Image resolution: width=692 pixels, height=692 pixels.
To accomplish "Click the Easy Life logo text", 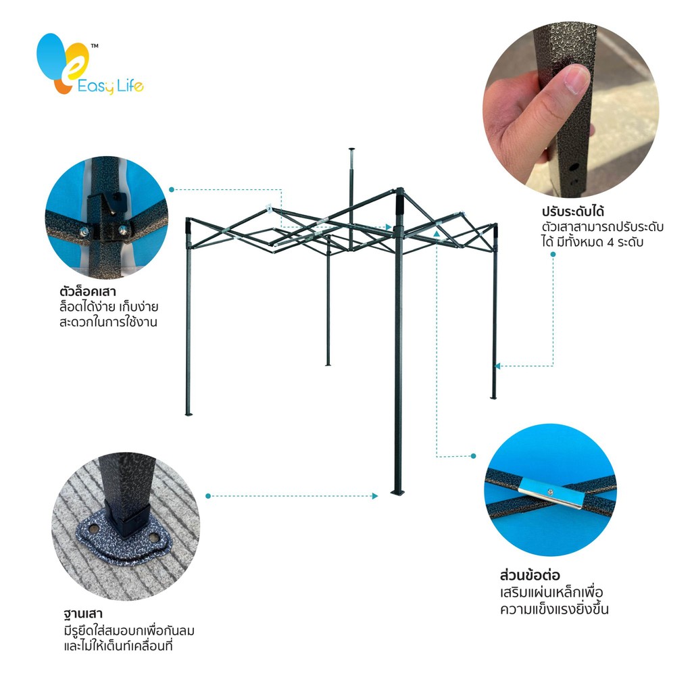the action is tap(110, 86).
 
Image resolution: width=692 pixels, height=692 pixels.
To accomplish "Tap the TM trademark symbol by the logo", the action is tap(95, 45).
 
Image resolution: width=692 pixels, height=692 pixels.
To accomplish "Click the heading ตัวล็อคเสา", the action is tap(87, 291).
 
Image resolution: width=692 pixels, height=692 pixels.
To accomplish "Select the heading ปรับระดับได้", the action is tap(573, 211).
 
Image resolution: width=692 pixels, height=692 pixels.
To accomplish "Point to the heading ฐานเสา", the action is tap(83, 614).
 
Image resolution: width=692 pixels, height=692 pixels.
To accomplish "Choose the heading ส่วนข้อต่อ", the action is tap(530, 576).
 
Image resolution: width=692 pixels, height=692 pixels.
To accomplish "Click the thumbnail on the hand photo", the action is tap(577, 78).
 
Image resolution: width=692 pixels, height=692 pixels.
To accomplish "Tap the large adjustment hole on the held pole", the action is tap(574, 168).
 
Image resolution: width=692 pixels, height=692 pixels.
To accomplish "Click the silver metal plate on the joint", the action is tap(551, 492).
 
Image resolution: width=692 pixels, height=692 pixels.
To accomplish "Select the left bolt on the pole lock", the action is tap(84, 231).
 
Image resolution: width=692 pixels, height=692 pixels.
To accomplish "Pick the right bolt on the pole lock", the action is tap(123, 230).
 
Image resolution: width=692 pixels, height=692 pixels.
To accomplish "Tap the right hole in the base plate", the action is tap(153, 538).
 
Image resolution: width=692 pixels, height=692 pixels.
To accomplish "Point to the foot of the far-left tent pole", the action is tap(189, 414).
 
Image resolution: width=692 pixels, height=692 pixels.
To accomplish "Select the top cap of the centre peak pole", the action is tap(351, 149).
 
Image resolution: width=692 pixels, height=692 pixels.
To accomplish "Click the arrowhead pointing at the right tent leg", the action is tap(497, 366).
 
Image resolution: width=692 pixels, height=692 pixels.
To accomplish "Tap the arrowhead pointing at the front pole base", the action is tap(375, 496).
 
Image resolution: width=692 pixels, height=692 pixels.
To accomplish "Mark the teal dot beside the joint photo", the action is tap(473, 456).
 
